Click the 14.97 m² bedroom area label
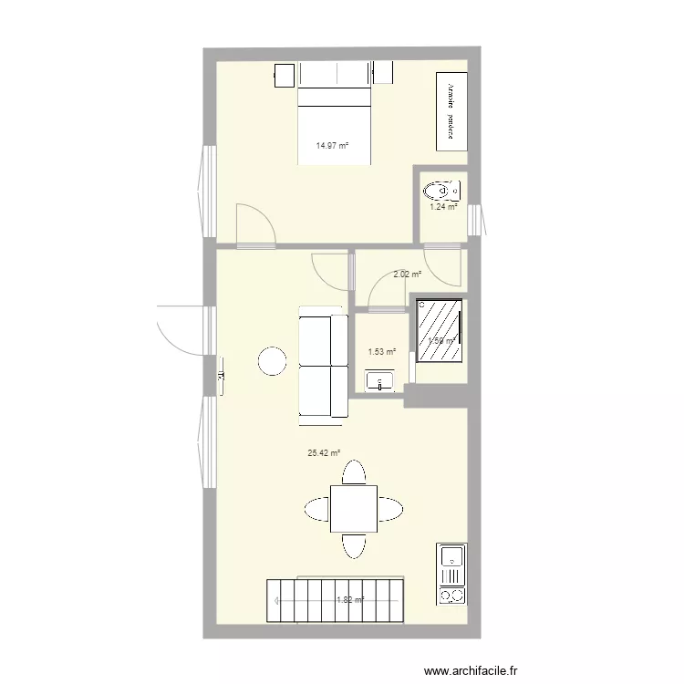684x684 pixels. pos(333,145)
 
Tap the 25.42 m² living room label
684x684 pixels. pos(324,451)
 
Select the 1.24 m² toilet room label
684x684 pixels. pos(443,207)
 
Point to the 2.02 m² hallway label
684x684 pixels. pos(407,274)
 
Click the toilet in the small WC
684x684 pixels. pos(441,191)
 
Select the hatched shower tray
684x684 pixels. pos(439,328)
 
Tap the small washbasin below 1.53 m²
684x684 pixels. pos(378,380)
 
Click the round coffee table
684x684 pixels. pos(273,361)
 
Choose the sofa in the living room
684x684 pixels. pos(323,365)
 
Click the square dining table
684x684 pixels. pos(354,509)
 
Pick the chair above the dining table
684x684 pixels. pos(354,473)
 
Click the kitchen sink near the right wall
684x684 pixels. pos(451,555)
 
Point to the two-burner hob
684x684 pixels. pos(451,588)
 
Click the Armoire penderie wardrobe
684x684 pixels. pos(451,111)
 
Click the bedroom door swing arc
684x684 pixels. pos(254,223)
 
